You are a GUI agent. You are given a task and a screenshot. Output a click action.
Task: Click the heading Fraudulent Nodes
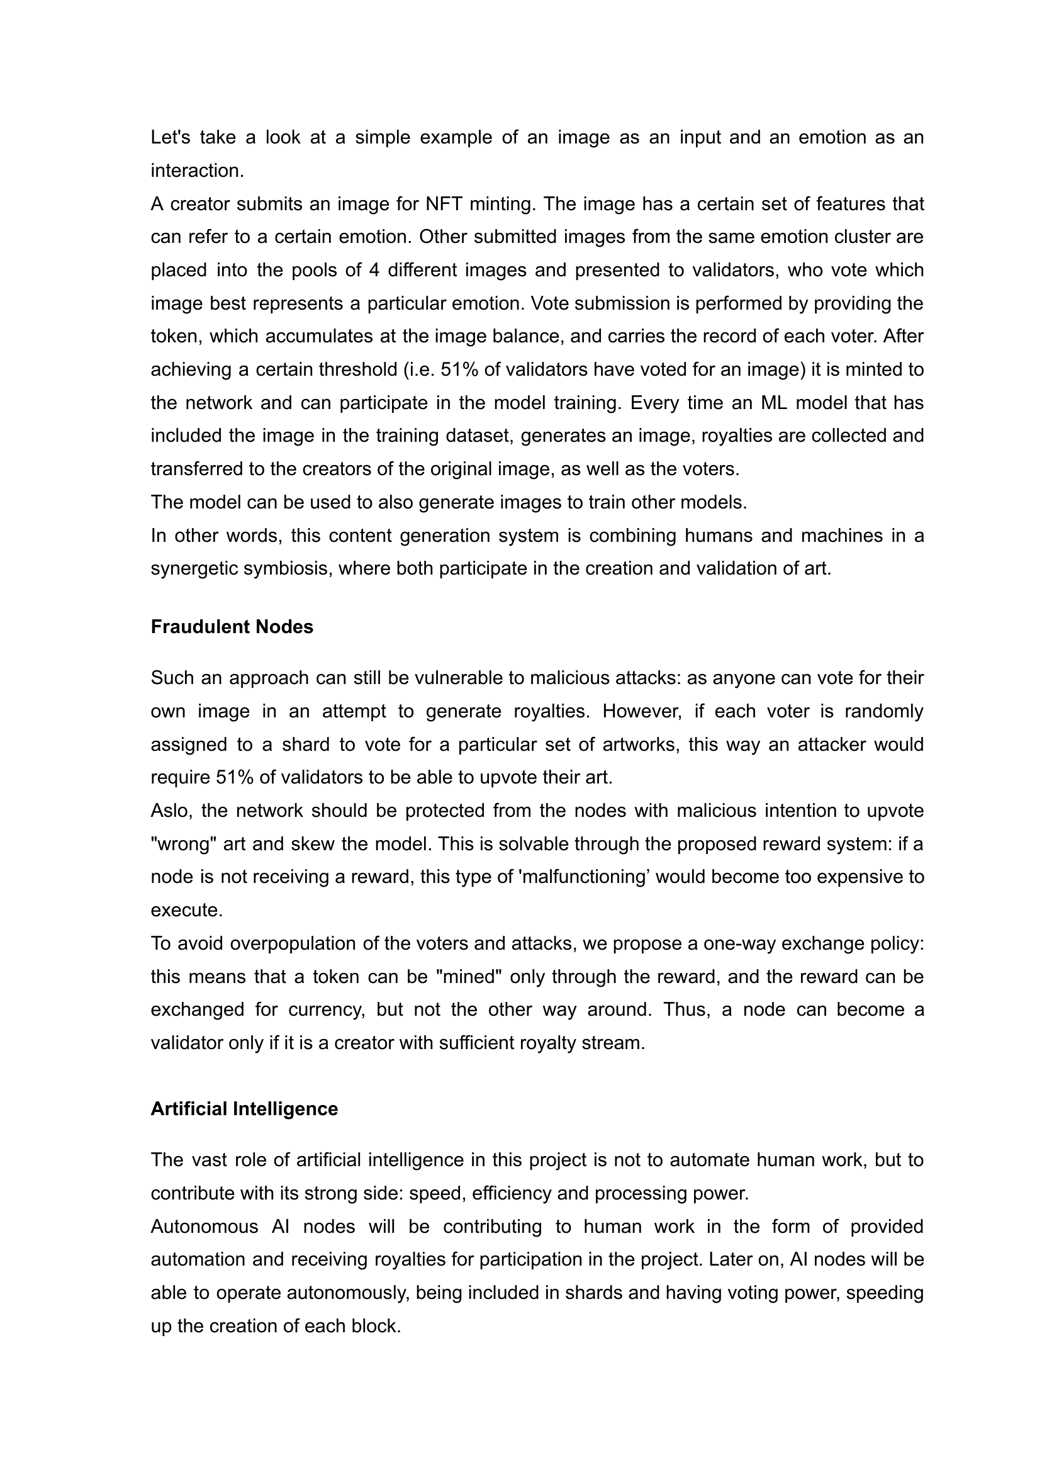pos(232,627)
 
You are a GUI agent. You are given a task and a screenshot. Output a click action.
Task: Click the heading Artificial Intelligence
pos(244,1109)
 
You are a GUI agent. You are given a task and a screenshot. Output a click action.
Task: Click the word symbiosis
pos(288,569)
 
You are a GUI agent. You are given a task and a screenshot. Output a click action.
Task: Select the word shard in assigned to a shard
pos(305,744)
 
